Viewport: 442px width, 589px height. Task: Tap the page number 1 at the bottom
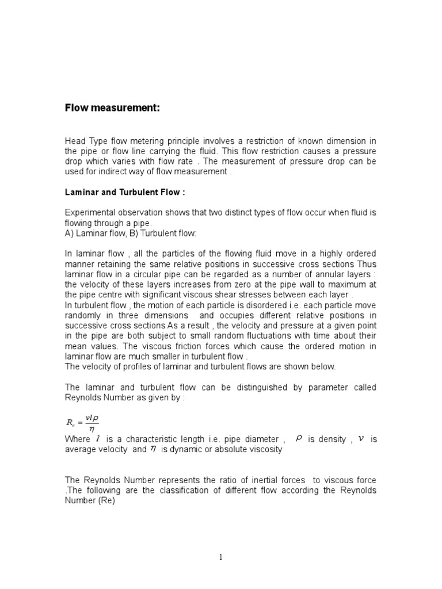(x=220, y=557)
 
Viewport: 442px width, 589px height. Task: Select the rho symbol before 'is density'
(x=299, y=438)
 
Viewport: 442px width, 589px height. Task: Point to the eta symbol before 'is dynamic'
(x=153, y=449)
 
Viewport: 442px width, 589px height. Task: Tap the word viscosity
(x=264, y=450)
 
